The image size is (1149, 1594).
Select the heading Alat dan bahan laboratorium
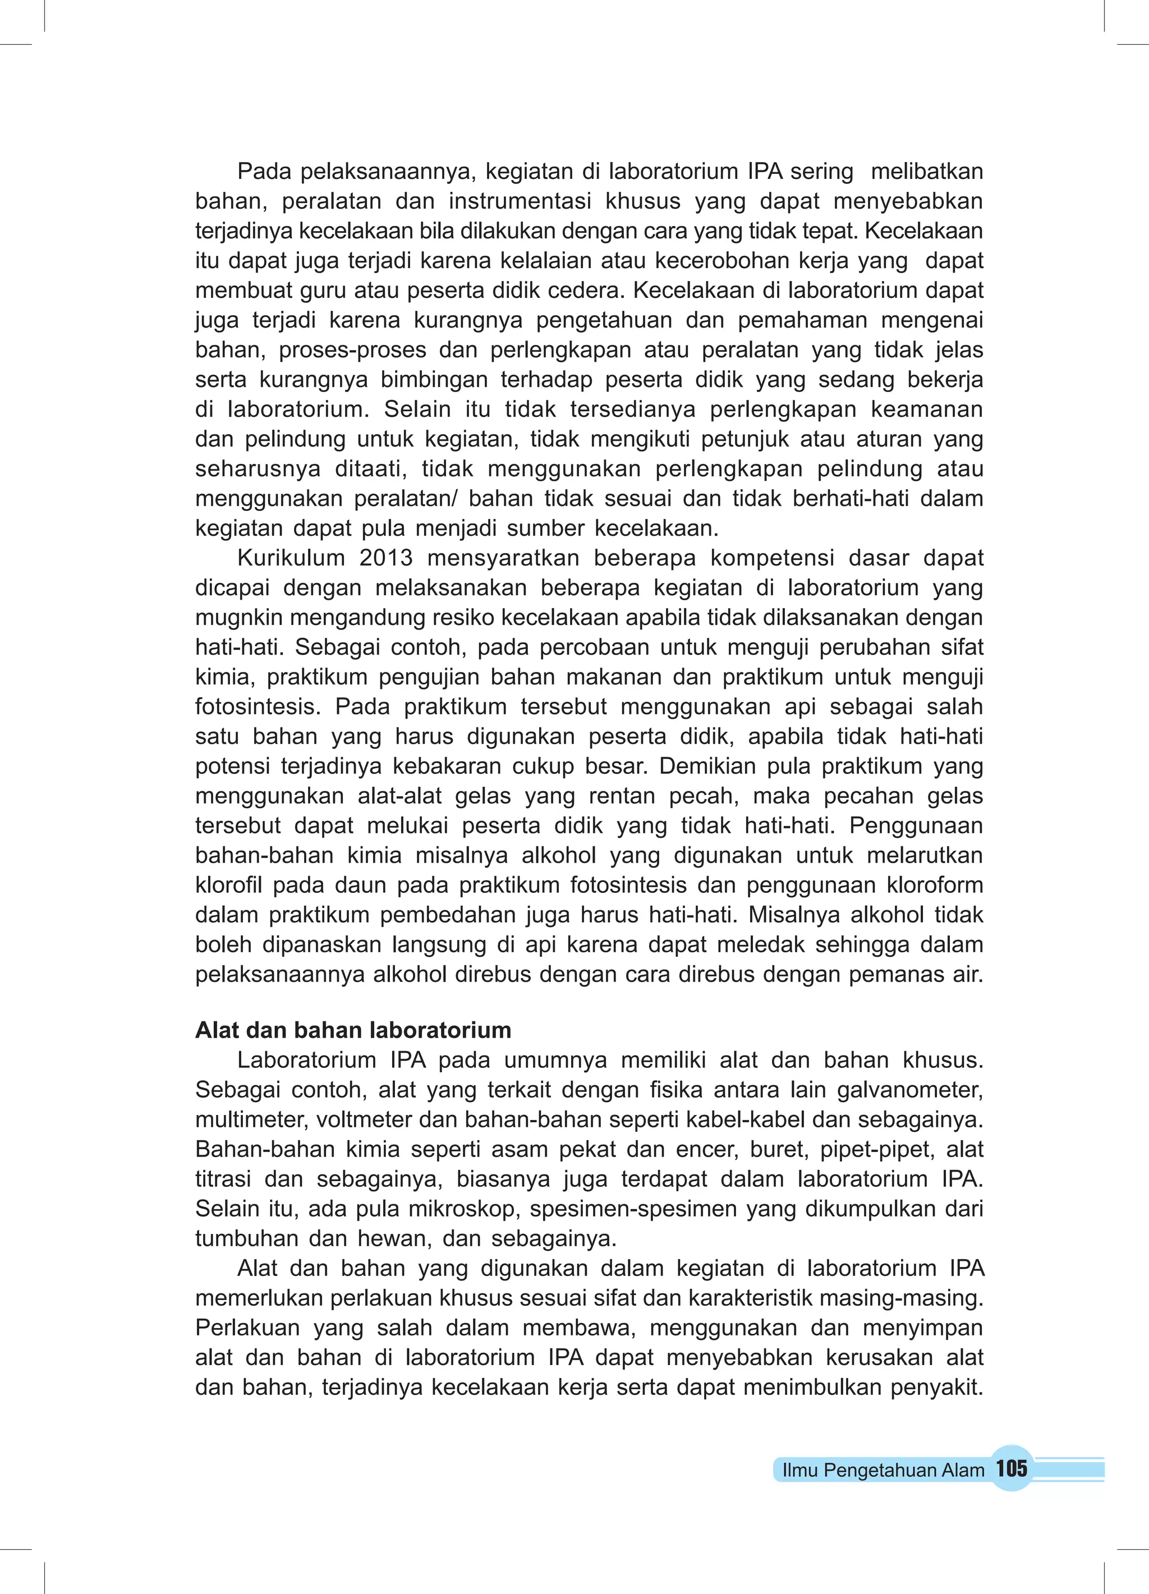coord(353,1030)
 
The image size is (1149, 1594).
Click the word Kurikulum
coord(291,558)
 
